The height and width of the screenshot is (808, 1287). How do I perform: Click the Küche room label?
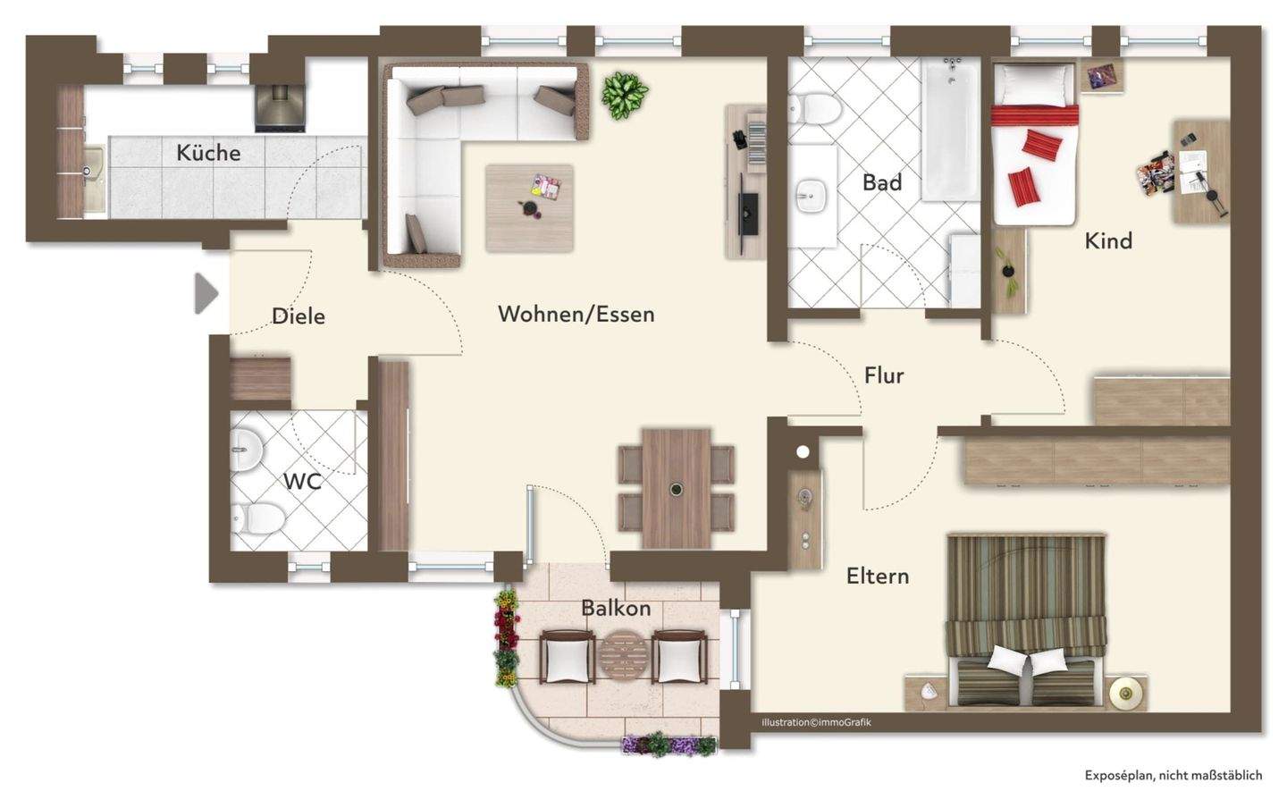tap(208, 153)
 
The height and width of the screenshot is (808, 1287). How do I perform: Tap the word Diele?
tap(299, 316)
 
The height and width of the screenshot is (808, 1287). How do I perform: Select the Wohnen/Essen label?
tap(576, 315)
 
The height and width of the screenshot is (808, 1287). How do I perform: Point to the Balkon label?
tap(616, 608)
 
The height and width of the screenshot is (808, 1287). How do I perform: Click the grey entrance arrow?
tap(206, 294)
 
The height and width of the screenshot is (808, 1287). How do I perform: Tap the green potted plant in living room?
tap(625, 96)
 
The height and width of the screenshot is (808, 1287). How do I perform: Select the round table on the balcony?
tap(624, 657)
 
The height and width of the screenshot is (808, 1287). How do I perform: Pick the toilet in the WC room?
tap(257, 518)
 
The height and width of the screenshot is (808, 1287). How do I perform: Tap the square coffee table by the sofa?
tap(529, 208)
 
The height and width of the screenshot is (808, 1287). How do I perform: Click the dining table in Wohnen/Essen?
tap(677, 488)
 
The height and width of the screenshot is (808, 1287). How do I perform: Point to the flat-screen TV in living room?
tap(747, 214)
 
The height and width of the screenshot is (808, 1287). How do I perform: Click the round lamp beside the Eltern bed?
tap(1123, 693)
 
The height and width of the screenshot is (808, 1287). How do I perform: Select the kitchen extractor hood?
tap(281, 108)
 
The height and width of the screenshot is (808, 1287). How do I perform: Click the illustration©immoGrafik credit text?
tap(816, 722)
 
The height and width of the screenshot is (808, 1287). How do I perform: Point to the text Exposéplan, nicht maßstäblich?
tap(1173, 775)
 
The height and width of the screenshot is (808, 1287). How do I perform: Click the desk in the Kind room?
tap(1201, 172)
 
